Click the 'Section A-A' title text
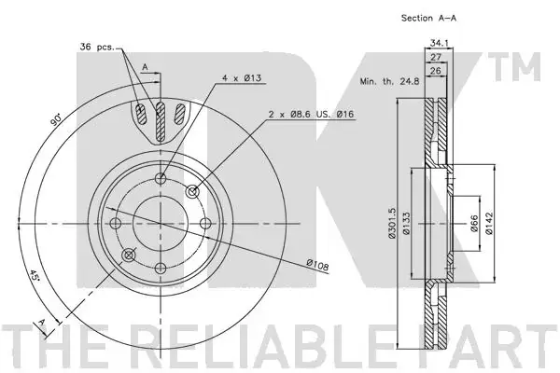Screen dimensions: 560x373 [x=428, y=18]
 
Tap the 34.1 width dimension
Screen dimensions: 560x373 [x=439, y=43]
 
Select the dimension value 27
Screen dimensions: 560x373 [x=436, y=57]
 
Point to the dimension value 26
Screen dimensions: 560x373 [x=435, y=70]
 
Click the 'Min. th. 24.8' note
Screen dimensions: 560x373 [x=389, y=81]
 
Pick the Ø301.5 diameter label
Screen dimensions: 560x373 [x=392, y=223]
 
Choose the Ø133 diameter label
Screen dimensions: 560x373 [x=406, y=224]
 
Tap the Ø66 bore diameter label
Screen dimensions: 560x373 [x=474, y=224]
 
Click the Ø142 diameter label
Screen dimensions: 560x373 [x=489, y=224]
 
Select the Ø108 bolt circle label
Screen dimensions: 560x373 [x=317, y=265]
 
